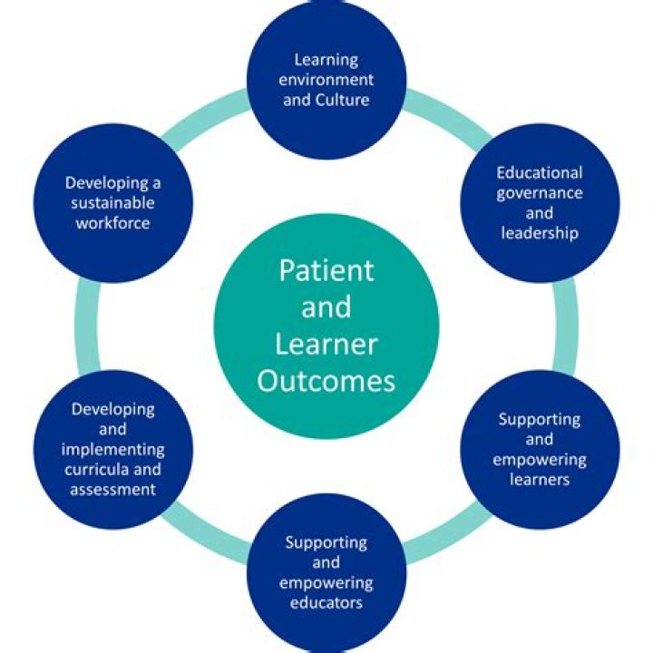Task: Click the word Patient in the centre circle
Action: tap(326, 270)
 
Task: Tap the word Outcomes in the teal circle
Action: tap(326, 379)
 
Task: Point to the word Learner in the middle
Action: tap(326, 344)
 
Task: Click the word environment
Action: tap(326, 80)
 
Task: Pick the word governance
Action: tap(540, 192)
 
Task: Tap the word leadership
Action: tap(540, 232)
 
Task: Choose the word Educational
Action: tap(540, 172)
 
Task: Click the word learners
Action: tap(540, 479)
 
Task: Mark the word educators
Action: tap(326, 602)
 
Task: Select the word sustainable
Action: tap(113, 201)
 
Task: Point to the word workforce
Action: tap(113, 221)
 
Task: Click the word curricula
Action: tap(98, 469)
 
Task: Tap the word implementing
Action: tap(113, 449)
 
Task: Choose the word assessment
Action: tap(113, 489)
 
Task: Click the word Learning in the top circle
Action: tap(326, 60)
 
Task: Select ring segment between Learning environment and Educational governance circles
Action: tap(444, 118)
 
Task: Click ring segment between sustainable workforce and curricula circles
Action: tap(87, 326)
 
